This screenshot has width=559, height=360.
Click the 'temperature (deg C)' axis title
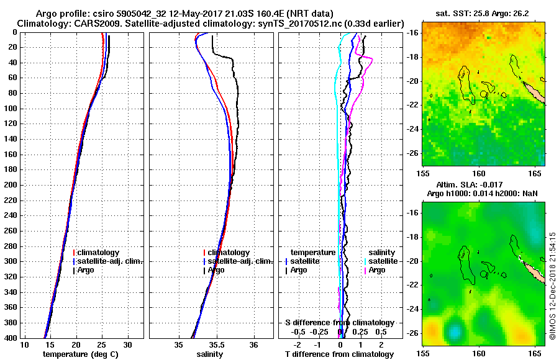(80, 354)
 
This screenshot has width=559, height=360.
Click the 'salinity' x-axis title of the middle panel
(211, 354)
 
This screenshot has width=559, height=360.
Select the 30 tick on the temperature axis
(127, 344)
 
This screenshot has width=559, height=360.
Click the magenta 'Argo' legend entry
(377, 270)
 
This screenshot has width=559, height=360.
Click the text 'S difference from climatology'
(339, 323)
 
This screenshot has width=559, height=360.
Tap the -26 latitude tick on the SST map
(413, 153)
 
